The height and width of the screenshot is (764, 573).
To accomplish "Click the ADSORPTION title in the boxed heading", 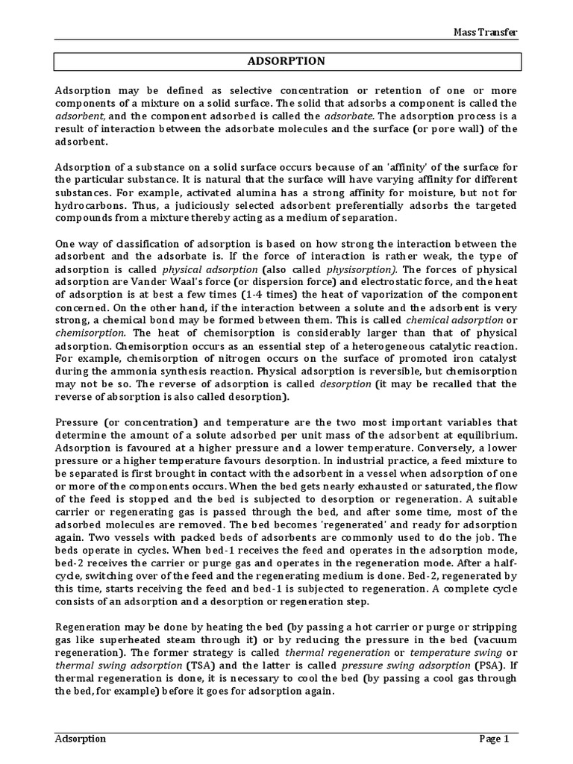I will [x=286, y=60].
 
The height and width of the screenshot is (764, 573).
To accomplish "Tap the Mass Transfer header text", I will [x=486, y=32].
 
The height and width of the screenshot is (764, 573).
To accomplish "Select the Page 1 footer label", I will [x=493, y=739].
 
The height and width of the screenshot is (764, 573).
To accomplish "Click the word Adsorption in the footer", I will [x=81, y=739].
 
